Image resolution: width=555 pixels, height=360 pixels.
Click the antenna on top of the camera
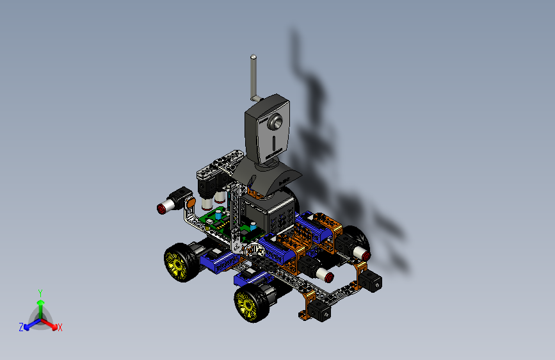(x=253, y=77)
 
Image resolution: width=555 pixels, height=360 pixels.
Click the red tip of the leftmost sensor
(x=161, y=208)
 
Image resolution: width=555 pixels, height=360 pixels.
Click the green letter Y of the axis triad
(x=40, y=293)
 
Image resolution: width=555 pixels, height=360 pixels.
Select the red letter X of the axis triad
(x=60, y=328)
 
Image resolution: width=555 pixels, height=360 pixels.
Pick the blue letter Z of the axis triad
(x=21, y=327)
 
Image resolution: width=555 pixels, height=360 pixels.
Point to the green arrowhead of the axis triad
(x=40, y=304)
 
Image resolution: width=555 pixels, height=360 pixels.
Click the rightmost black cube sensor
(x=373, y=281)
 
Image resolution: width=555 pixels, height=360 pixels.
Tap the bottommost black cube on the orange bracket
(x=321, y=312)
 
